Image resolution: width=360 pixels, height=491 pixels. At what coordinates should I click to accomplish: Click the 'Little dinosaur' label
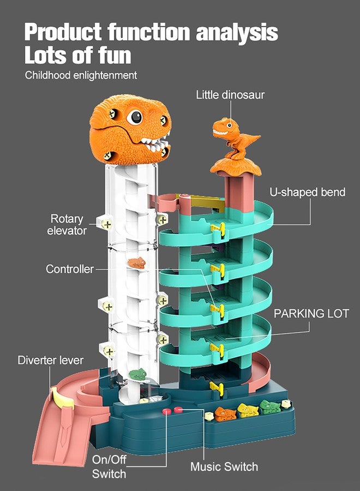tap(230, 94)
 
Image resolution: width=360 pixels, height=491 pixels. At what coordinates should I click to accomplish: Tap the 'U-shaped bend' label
tap(308, 192)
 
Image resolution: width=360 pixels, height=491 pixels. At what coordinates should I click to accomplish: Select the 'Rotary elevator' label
tap(67, 225)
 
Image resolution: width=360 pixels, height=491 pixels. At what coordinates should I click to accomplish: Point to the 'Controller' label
tap(69, 269)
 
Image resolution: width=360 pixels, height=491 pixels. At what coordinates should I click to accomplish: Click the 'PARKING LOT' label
tap(311, 314)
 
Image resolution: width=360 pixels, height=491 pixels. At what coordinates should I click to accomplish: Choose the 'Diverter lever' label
tap(50, 360)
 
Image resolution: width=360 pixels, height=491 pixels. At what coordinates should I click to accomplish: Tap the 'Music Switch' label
tap(224, 466)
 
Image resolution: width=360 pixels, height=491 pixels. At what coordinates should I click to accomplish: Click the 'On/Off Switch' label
tap(109, 466)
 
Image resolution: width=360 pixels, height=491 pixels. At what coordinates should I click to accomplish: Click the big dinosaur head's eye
tap(135, 117)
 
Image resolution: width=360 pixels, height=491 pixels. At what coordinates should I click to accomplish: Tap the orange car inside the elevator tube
tap(137, 263)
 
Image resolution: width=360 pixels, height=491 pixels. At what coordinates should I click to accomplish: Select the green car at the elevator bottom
tap(138, 374)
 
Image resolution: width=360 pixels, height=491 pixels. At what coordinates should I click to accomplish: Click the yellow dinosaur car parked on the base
tap(248, 410)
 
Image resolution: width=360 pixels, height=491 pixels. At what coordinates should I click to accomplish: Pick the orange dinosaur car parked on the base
tap(225, 414)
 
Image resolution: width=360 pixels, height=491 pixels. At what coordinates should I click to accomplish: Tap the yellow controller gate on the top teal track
tap(218, 230)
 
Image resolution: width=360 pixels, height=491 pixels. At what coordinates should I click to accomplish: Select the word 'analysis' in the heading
tap(237, 33)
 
